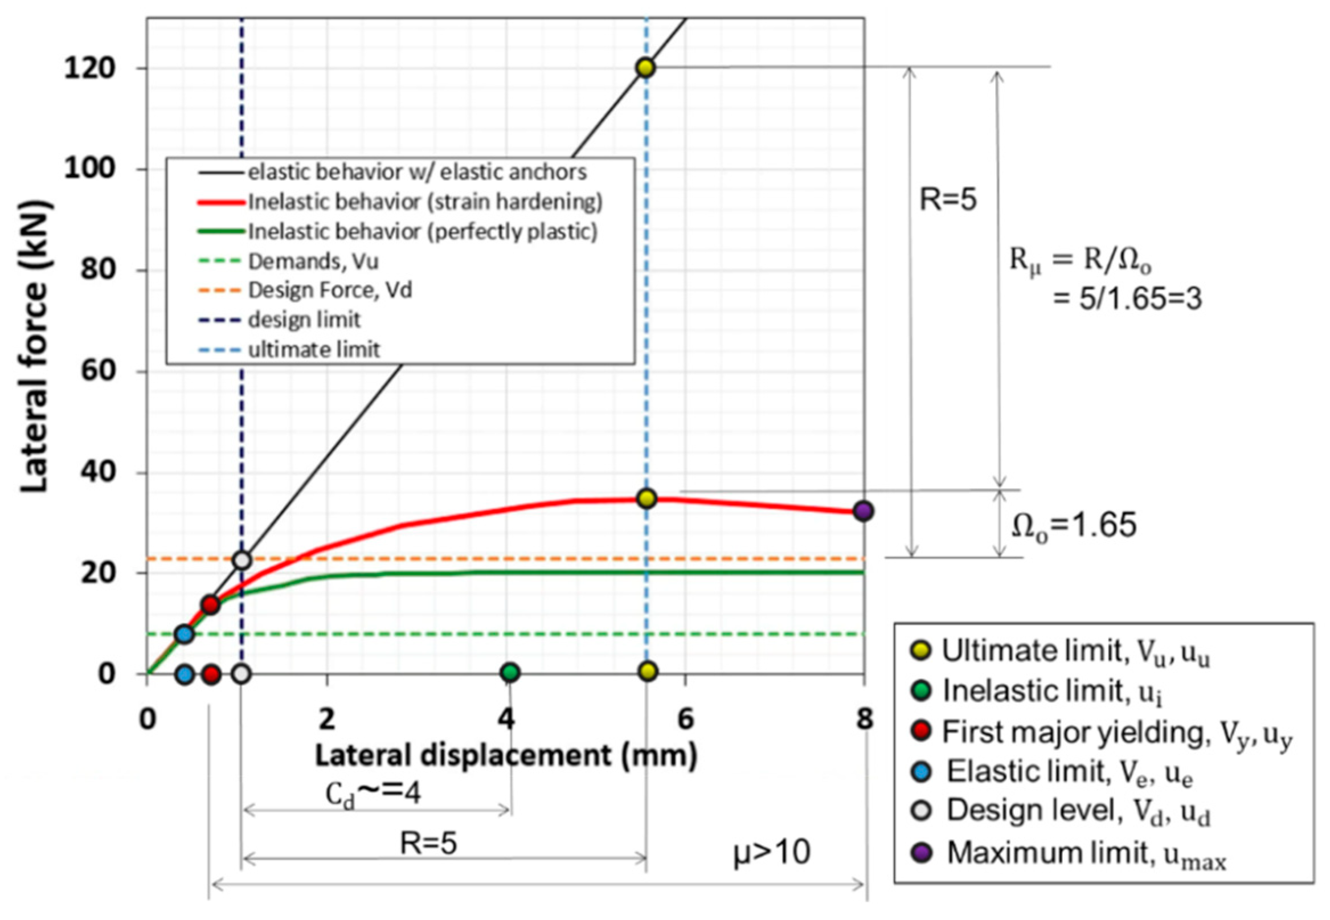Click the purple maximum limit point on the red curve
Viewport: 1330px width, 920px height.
pos(863,511)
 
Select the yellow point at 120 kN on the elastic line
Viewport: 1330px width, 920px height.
pos(646,67)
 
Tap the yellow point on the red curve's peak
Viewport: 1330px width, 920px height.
pos(647,498)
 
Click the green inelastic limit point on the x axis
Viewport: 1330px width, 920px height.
pos(509,672)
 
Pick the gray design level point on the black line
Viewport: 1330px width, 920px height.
pos(243,560)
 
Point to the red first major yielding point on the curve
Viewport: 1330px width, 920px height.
pos(211,604)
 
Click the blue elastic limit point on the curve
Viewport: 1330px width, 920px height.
pos(185,634)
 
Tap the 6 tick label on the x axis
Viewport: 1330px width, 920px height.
pos(685,719)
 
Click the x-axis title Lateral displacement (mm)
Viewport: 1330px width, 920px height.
pos(506,756)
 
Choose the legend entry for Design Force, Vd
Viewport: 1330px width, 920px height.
pos(330,290)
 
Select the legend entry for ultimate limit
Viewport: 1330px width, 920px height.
pos(313,349)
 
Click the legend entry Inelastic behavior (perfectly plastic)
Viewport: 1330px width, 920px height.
pos(423,231)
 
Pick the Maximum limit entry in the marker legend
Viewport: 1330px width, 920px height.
pos(1086,853)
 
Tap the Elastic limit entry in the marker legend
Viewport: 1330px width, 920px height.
pos(1069,772)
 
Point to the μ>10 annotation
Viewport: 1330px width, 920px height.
pos(772,853)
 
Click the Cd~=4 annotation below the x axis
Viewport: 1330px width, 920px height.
pos(374,794)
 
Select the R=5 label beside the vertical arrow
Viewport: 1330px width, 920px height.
pos(948,199)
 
